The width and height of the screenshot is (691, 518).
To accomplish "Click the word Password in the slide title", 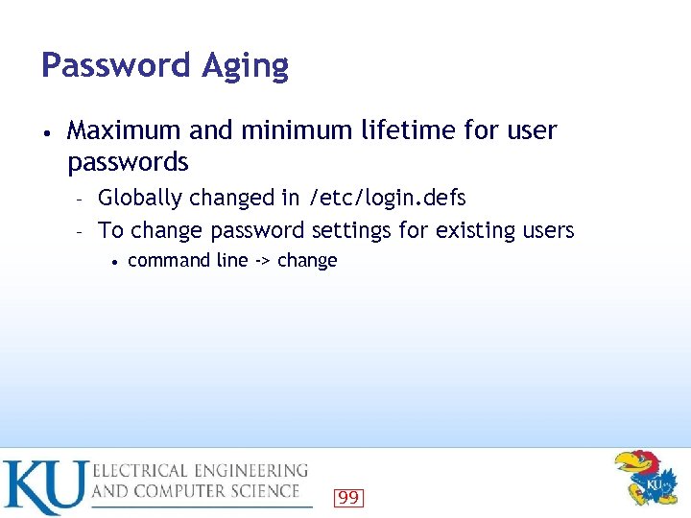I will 115,65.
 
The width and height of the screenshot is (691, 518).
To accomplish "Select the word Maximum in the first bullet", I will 126,130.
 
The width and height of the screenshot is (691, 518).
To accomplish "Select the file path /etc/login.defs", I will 387,199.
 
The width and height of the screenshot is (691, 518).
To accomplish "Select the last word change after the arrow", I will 307,260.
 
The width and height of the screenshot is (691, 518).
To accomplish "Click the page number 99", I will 348,497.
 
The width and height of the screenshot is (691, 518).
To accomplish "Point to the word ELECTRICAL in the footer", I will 141,471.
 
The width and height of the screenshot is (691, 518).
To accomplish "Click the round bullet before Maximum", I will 47,131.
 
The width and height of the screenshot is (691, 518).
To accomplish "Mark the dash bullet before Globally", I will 82,200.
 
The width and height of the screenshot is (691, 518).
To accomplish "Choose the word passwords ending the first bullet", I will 128,162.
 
